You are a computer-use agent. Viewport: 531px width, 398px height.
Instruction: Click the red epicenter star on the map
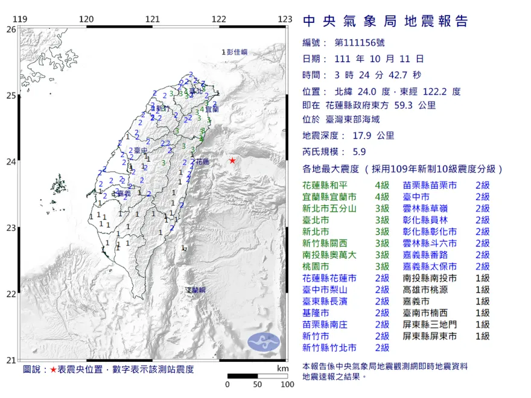click(232, 160)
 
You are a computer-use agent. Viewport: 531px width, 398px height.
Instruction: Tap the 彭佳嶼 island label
click(237, 52)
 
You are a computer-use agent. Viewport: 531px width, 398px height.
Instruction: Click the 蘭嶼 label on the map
click(196, 290)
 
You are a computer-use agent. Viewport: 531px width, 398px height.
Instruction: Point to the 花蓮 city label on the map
click(203, 162)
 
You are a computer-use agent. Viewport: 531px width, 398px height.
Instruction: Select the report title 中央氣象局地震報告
click(385, 22)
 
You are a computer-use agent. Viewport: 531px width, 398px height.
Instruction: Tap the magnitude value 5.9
click(358, 153)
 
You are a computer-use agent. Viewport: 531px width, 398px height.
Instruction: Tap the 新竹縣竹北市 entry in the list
click(329, 348)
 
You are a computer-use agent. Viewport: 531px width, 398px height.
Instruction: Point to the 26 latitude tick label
click(11, 29)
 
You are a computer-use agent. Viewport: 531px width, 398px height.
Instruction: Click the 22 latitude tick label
click(11, 294)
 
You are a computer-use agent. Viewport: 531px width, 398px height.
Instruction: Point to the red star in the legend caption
click(53, 369)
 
